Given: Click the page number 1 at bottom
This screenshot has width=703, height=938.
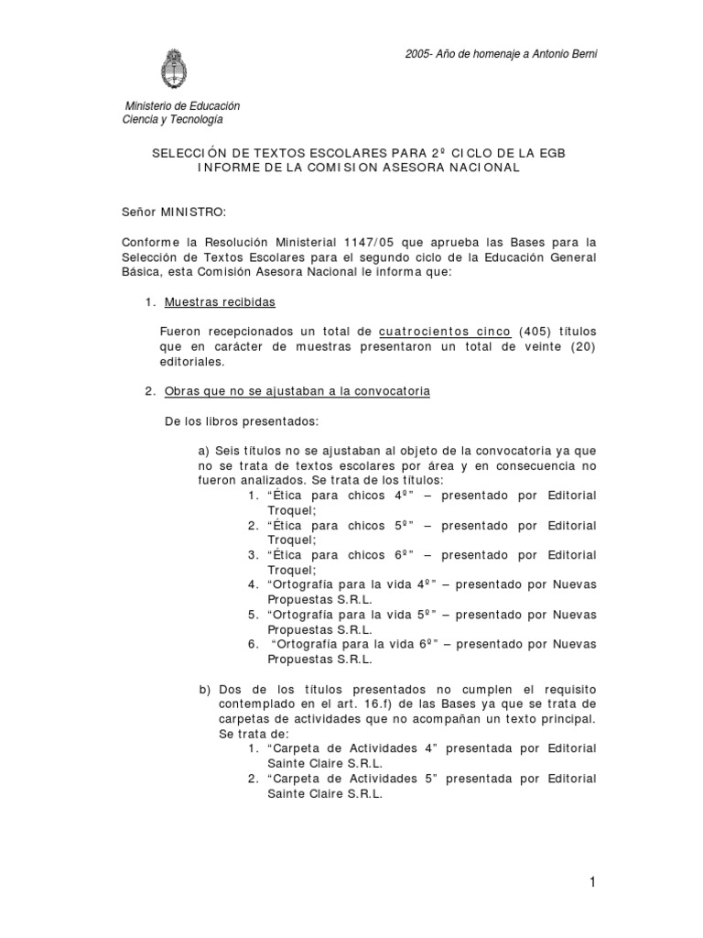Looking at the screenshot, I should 593,882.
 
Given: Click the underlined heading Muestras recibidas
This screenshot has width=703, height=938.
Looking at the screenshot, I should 219,302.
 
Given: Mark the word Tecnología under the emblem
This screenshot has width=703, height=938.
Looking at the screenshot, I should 189,119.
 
